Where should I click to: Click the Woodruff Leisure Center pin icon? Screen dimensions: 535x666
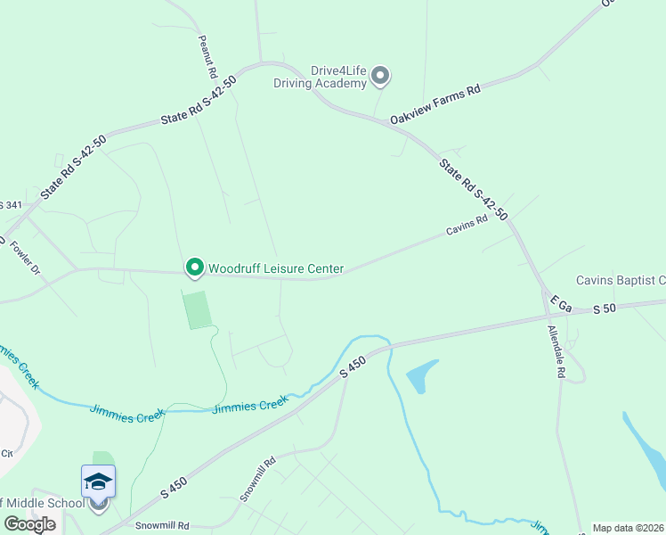point(194,267)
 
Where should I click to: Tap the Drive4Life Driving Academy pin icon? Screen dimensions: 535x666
point(380,76)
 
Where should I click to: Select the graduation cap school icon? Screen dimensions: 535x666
point(98,482)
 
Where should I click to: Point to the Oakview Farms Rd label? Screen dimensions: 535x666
point(435,104)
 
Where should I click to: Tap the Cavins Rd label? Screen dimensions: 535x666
point(467,226)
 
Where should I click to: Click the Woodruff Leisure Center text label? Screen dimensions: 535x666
point(276,267)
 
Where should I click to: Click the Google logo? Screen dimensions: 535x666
point(29,524)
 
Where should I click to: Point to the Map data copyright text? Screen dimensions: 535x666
point(629,528)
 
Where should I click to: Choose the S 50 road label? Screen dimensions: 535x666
point(605,309)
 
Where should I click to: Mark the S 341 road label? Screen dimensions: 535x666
point(11,205)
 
